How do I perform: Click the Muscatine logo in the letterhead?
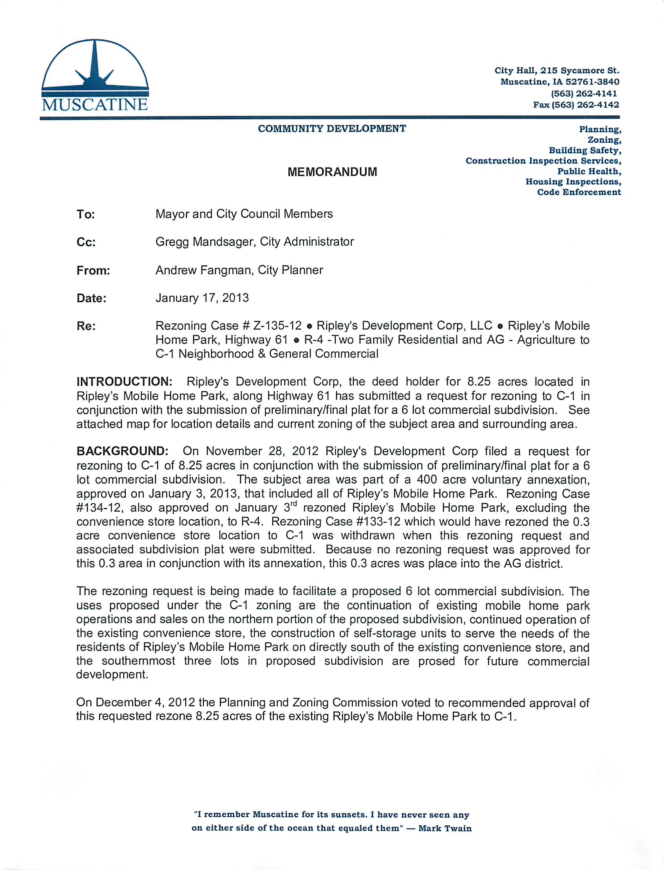pos(95,75)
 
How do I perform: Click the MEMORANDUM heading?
pos(332,172)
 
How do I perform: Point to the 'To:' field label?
pos(85,214)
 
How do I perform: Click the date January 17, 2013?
pos(202,298)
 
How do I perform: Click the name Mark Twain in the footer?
pos(445,828)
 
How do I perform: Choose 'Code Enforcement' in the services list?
pos(579,192)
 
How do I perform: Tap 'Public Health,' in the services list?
pos(589,171)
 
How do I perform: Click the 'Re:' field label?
pos(86,326)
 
